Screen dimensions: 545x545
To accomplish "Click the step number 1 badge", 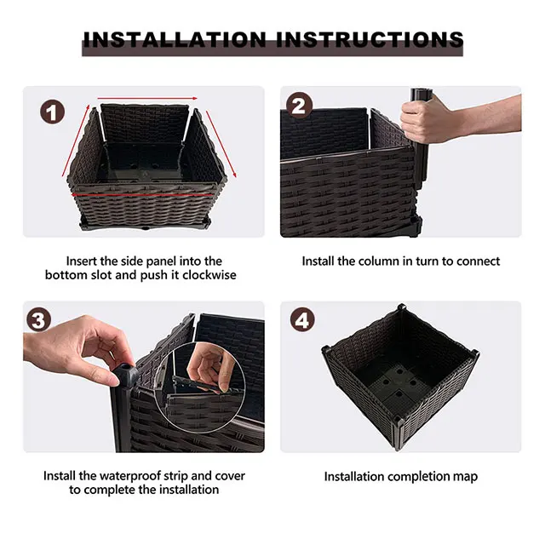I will [x=54, y=111].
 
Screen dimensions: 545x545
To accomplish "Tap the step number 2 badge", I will [x=299, y=106].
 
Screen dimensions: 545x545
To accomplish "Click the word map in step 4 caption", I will [x=462, y=476].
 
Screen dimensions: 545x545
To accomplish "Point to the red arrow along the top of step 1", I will [x=148, y=99].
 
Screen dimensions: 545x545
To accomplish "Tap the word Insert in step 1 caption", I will [x=83, y=261].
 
